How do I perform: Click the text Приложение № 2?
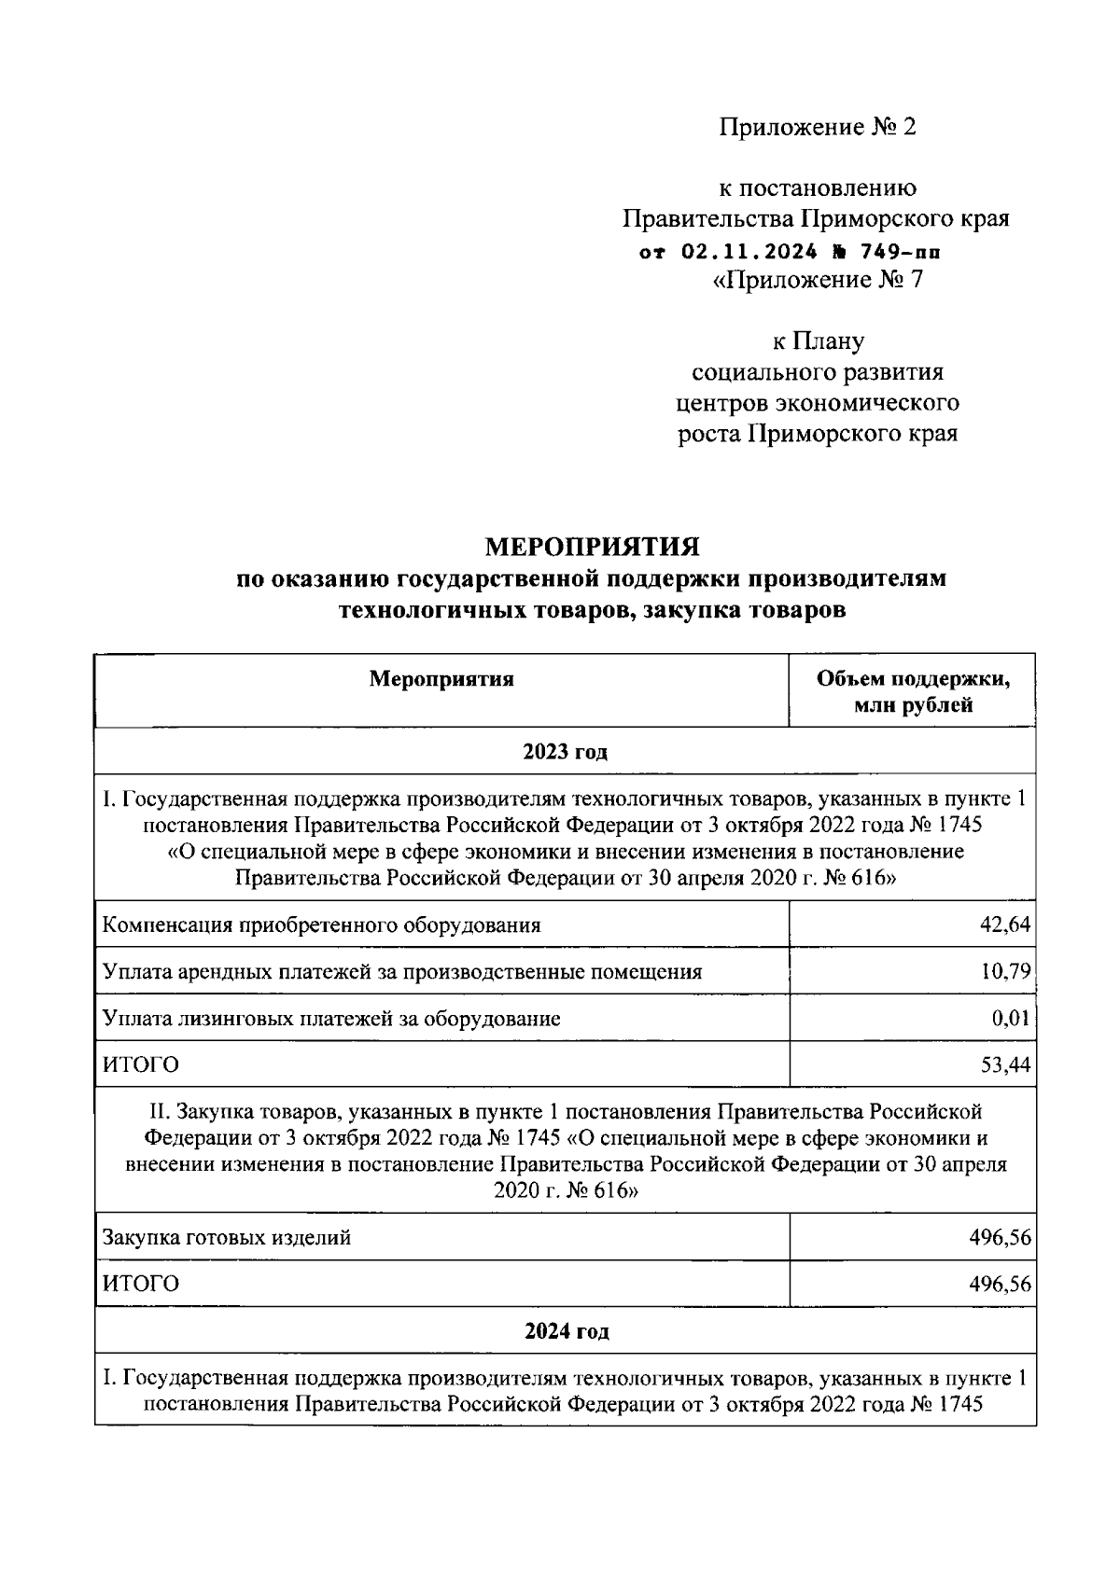pos(817,127)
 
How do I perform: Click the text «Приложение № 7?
pos(817,280)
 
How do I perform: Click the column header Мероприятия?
pos(441,678)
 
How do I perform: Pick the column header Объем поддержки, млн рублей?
pos(913,691)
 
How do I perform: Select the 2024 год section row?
pos(565,1331)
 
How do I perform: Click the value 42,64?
pos(1006,925)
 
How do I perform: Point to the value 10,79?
pos(1005,971)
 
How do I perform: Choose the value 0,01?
pos(1011,1018)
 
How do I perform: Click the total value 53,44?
pos(1005,1064)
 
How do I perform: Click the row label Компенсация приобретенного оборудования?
pos(321,925)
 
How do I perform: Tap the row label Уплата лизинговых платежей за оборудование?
pos(331,1018)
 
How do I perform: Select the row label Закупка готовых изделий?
pos(227,1238)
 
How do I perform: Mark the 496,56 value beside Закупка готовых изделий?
pos(1000,1238)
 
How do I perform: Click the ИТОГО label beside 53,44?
pos(140,1064)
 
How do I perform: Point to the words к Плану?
pos(817,341)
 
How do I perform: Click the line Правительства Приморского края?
pos(817,219)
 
